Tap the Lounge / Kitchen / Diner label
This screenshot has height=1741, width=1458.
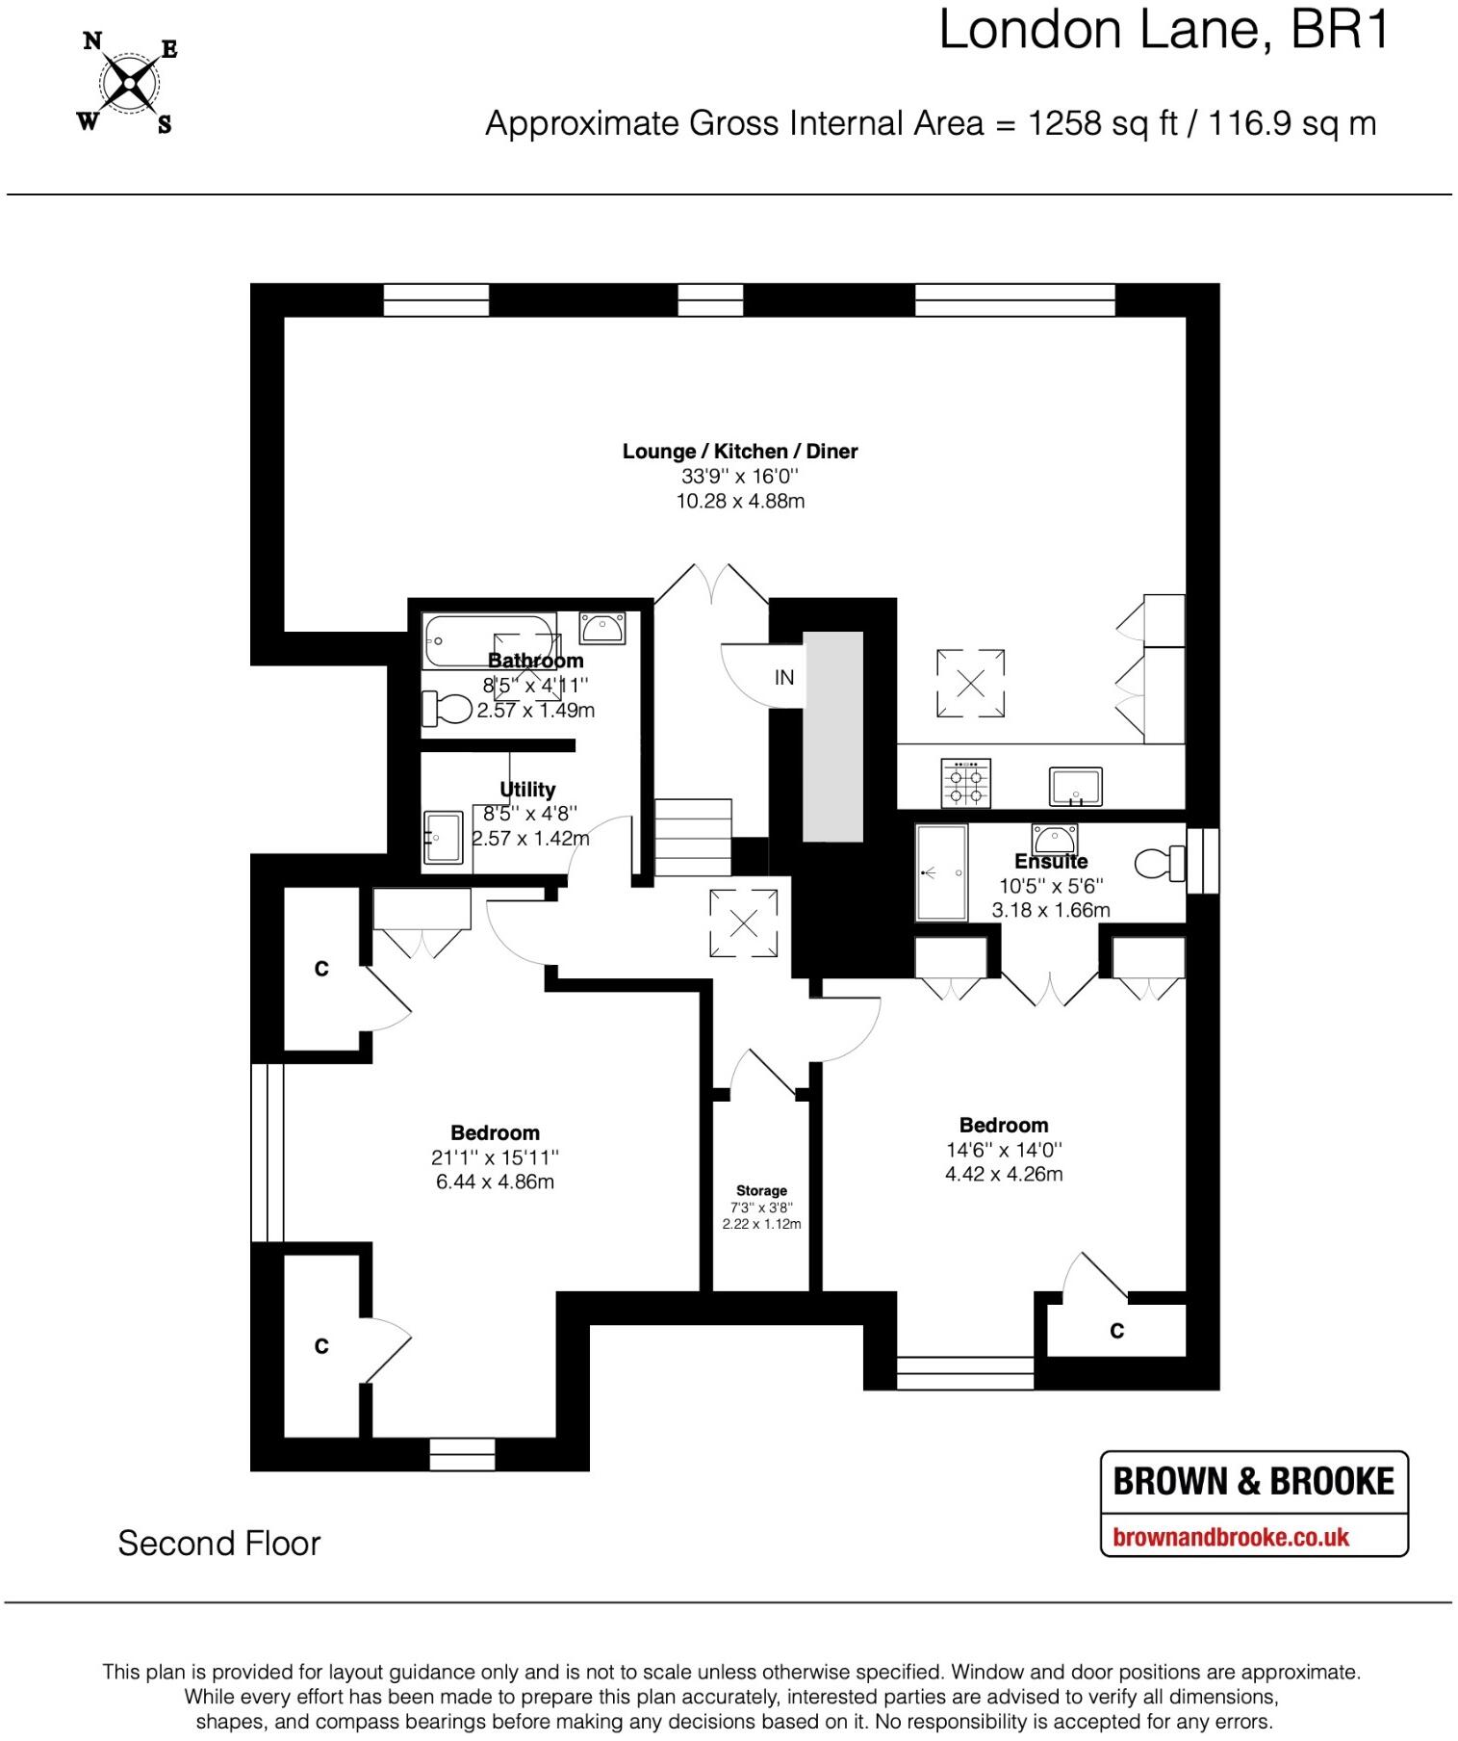click(739, 452)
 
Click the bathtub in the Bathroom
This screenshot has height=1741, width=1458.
click(489, 640)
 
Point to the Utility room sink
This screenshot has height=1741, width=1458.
click(443, 837)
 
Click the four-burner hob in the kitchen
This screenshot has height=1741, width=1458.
click(965, 783)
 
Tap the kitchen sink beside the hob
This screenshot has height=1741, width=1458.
click(1076, 785)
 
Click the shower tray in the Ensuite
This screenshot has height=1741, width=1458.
click(941, 872)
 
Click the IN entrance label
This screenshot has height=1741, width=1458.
click(784, 678)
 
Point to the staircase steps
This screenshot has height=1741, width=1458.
click(693, 837)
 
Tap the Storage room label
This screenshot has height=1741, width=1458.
click(761, 1191)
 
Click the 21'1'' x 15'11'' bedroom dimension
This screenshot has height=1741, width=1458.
click(495, 1157)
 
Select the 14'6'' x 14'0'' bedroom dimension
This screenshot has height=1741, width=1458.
click(1004, 1150)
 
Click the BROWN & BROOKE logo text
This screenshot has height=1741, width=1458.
click(1253, 1481)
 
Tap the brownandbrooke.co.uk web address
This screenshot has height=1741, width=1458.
click(1231, 1537)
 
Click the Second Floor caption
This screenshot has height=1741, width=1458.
click(218, 1544)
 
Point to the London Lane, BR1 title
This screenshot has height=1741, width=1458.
click(1164, 31)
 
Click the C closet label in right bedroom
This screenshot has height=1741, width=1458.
click(1116, 1331)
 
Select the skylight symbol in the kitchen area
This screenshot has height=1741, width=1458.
click(970, 684)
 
